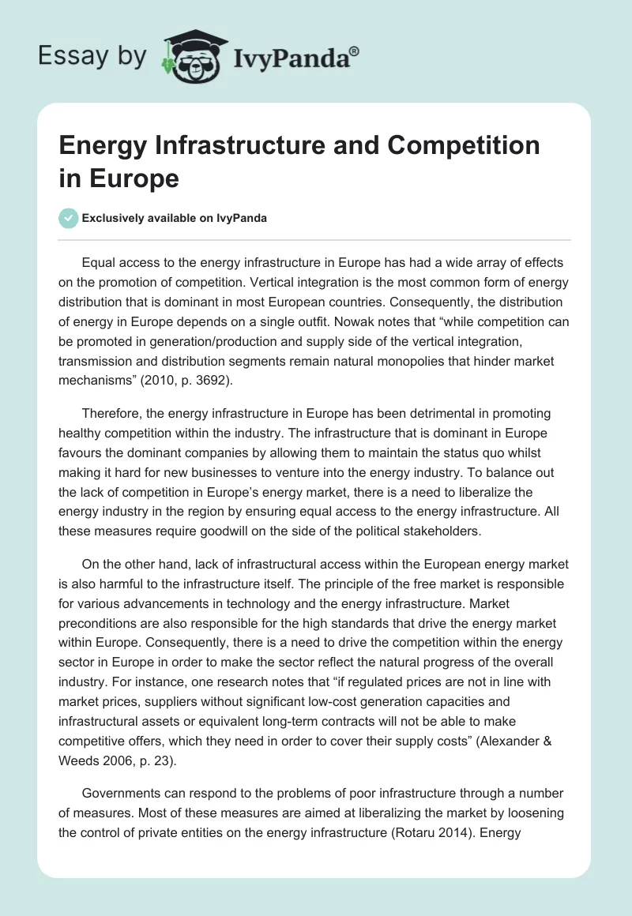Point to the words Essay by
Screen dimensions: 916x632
coord(92,56)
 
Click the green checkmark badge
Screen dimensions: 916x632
coord(69,218)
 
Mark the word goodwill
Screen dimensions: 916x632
coord(258,531)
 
